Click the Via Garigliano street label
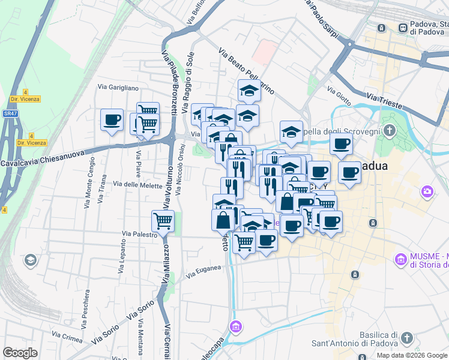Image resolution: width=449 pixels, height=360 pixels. pos(118,88)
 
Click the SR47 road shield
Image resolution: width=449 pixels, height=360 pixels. pos(10,113)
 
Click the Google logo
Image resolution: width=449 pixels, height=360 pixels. pos(20,353)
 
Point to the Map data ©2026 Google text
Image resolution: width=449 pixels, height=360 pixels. pos(412,355)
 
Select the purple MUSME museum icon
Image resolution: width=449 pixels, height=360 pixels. pos(400,259)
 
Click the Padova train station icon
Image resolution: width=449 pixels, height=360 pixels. pos(381,28)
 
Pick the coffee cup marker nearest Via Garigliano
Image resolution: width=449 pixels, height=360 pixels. pos(112,120)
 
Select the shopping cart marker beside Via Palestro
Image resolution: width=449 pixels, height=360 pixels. pos(163,221)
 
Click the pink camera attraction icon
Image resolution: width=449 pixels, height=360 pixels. pos(427,191)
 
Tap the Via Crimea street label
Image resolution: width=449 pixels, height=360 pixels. pos(67,337)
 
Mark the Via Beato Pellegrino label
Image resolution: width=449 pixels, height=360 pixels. pos(246,71)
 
